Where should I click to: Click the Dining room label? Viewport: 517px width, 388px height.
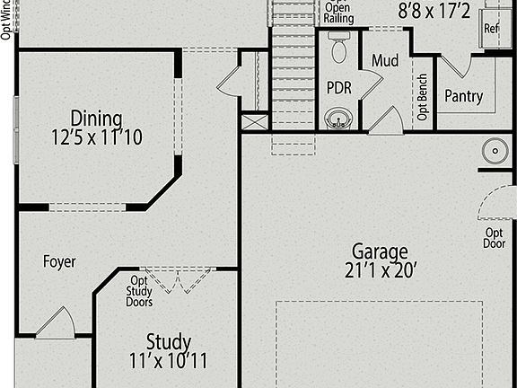98,118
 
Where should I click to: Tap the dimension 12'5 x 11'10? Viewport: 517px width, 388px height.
98,137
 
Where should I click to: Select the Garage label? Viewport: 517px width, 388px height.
379,251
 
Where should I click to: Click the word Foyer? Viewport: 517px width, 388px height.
59,262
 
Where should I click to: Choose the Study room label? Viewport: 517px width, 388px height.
169,342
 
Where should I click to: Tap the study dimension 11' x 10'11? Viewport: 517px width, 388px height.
169,361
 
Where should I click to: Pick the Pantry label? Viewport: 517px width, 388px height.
463,96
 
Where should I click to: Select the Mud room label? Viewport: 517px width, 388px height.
386,61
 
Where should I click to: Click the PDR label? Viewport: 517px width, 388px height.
338,88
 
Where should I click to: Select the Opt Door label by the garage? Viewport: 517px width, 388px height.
495,238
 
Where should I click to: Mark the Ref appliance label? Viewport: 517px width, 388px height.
491,28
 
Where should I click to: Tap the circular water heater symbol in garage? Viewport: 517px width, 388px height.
494,150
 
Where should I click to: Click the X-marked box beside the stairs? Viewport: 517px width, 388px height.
255,122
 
